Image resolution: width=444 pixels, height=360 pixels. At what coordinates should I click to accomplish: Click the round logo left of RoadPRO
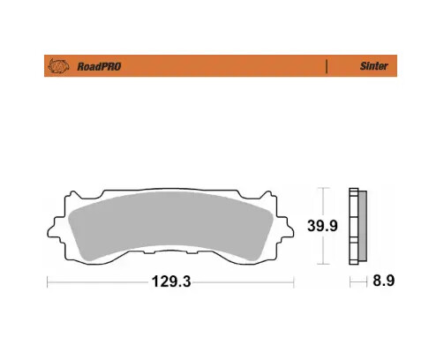coord(59,65)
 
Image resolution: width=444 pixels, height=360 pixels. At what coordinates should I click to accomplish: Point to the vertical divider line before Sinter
coord(327,65)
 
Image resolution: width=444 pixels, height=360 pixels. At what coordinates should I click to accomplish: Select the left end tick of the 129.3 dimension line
coord(48,282)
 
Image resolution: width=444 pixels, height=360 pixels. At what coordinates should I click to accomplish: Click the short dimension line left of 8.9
coord(357,282)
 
